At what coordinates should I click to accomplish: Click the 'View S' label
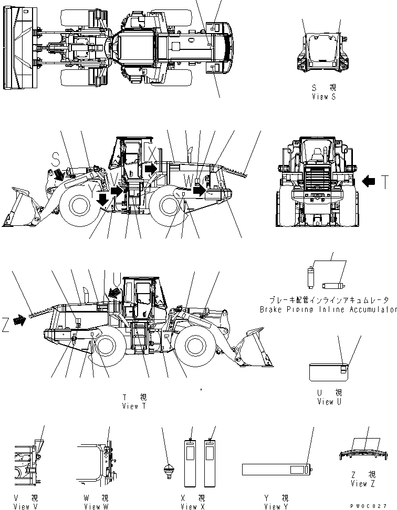coord(323,97)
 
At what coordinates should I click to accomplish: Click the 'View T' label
coord(130,406)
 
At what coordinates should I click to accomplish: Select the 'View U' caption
coord(329,401)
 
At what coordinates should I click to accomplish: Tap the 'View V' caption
coord(22,506)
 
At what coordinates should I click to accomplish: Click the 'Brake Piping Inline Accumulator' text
coord(328,309)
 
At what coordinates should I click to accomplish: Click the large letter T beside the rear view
coord(384,182)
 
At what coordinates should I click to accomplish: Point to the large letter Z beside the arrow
coord(5,326)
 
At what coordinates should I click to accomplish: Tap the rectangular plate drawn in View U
coord(329,372)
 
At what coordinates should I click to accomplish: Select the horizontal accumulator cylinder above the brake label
coord(332,286)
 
